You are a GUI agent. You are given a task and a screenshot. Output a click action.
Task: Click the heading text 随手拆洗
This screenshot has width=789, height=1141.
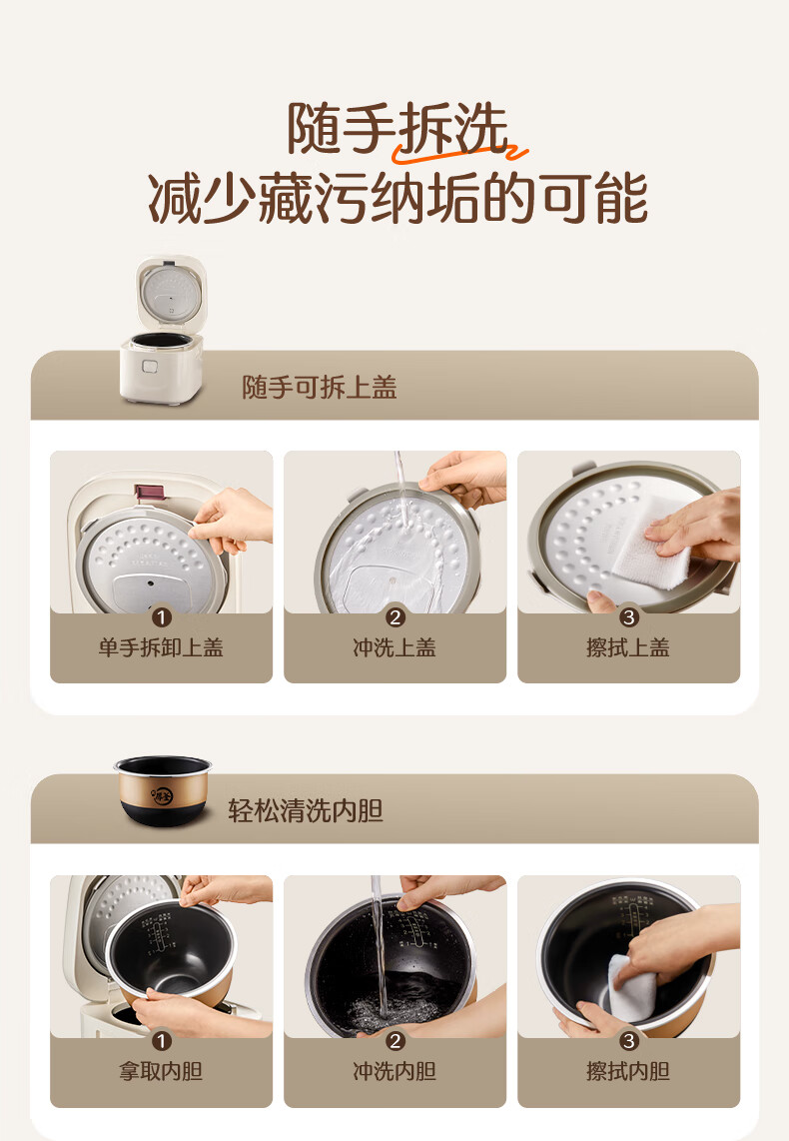coord(397,128)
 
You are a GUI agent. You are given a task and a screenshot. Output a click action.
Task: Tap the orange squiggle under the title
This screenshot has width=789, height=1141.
coord(459,152)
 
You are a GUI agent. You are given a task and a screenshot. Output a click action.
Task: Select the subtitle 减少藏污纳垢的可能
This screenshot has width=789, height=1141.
coord(397,198)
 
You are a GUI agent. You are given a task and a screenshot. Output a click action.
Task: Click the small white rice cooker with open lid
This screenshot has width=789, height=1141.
coord(163,329)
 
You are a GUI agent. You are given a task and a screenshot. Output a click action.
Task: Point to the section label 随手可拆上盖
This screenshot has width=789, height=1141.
coord(320,387)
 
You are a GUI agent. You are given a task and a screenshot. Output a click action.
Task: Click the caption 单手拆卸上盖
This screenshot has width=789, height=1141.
coord(161,646)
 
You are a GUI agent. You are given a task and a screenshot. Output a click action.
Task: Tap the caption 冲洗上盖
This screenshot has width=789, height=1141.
coord(394,646)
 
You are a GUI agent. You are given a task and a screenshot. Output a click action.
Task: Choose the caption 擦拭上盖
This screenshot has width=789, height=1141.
coord(627,646)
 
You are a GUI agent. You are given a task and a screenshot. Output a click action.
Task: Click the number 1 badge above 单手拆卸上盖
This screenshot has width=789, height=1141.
coord(162,617)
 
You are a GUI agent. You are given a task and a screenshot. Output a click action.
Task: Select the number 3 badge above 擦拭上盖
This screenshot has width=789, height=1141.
coord(628,617)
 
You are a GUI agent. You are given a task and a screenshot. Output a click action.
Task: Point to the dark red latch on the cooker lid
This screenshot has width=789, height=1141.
coord(150,492)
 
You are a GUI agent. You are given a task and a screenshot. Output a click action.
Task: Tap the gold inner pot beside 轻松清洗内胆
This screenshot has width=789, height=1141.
coord(163,790)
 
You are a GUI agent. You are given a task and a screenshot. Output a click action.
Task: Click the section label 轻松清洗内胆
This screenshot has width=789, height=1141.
coord(306,810)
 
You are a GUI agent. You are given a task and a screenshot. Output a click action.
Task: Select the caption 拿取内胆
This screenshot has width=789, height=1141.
coord(161,1071)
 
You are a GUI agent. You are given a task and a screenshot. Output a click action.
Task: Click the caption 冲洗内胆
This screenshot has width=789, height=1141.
coord(394,1071)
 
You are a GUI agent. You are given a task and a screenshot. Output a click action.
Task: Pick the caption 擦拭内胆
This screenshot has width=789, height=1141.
coord(627,1071)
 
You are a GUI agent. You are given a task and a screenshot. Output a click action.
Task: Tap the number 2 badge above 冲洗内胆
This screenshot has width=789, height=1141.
coord(394,1041)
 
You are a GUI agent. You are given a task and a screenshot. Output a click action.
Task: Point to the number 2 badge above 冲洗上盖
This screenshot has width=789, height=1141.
coord(394,617)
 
